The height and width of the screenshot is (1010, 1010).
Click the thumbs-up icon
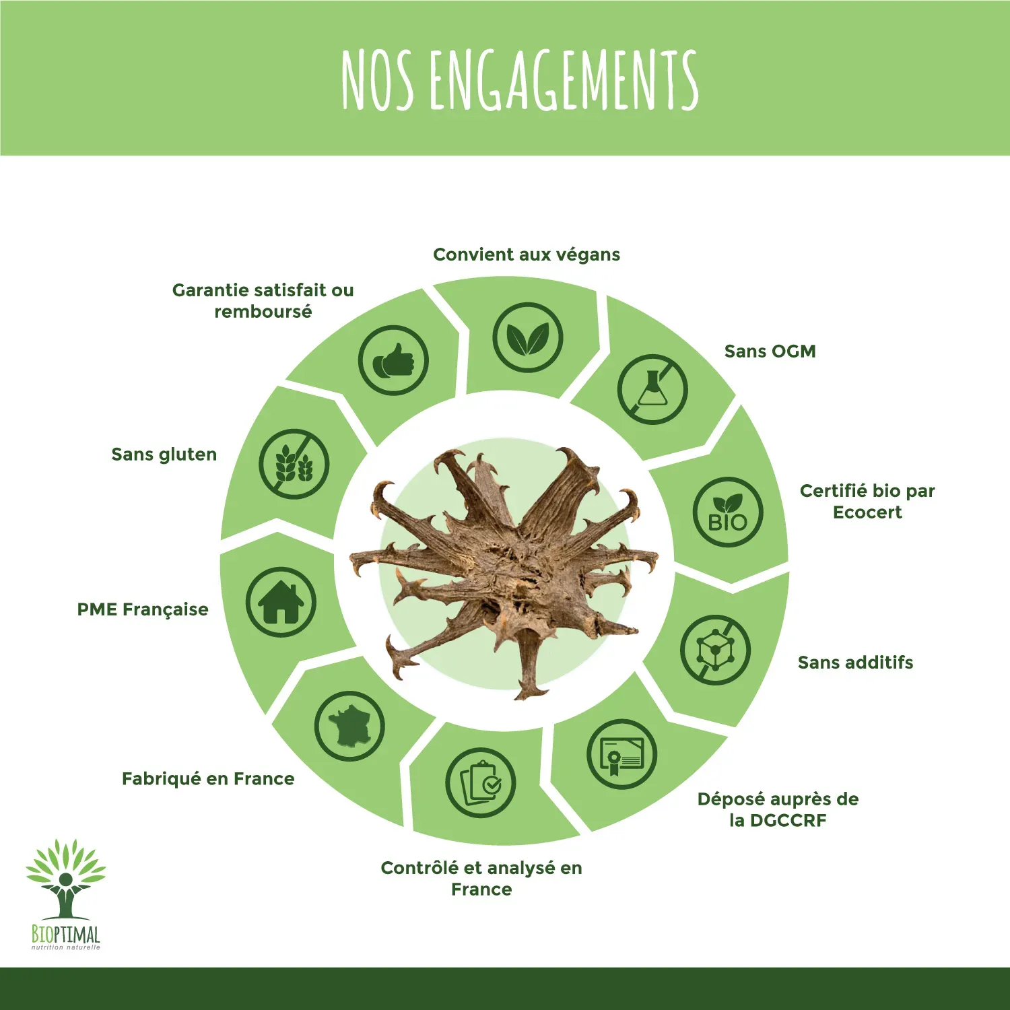(393, 360)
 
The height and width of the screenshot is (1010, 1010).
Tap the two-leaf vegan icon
(527, 337)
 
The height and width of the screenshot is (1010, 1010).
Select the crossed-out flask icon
(652, 389)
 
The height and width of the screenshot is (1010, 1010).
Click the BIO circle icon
(728, 512)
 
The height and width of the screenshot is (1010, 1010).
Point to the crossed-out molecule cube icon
(715, 650)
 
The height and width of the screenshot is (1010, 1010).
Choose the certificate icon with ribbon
(621, 754)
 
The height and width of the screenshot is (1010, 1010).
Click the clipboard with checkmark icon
(480, 783)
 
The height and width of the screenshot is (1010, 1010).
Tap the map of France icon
(349, 727)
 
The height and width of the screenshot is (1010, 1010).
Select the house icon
(281, 602)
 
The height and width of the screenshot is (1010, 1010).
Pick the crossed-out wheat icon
(294, 464)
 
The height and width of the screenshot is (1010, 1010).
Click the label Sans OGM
(770, 351)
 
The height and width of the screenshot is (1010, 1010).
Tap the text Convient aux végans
(527, 255)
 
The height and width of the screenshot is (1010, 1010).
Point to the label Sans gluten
(164, 454)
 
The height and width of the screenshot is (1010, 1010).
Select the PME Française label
(143, 609)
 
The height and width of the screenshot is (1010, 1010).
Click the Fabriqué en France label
(208, 779)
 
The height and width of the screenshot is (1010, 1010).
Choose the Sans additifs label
(856, 663)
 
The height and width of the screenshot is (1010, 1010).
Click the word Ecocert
(867, 512)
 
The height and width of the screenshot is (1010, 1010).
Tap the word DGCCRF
(788, 821)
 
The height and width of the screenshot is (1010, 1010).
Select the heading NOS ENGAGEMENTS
(520, 80)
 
